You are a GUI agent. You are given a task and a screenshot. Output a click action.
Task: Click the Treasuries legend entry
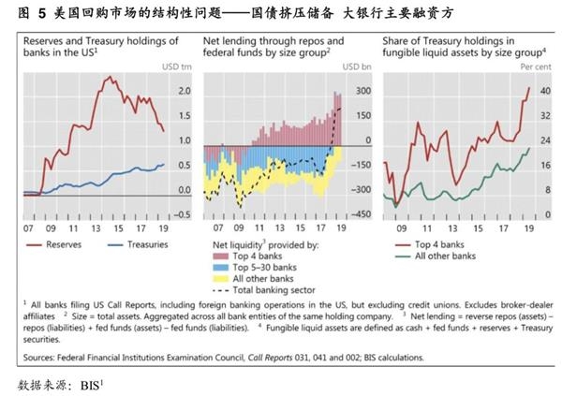point(128,245)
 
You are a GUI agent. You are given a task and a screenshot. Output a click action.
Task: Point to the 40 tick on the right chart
point(544,91)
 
